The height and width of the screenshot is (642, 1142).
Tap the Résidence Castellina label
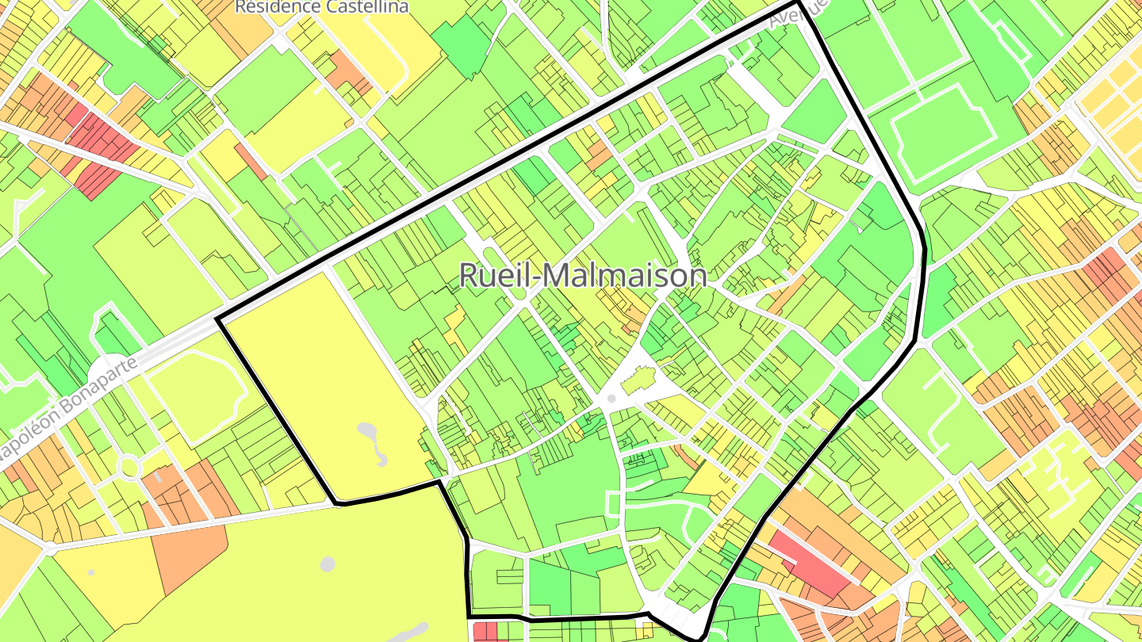[322, 7]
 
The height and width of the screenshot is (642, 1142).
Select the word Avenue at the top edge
[799, 14]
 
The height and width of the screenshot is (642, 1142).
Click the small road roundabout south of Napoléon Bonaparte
[129, 468]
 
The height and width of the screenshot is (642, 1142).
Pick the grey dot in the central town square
[611, 399]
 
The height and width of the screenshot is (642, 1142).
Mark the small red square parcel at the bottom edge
[485, 632]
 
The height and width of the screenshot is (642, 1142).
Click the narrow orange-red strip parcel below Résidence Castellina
[251, 161]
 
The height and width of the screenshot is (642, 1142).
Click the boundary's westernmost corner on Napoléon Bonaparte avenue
[218, 320]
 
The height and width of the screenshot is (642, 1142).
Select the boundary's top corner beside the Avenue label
[796, 4]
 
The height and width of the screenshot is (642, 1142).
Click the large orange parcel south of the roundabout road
[190, 555]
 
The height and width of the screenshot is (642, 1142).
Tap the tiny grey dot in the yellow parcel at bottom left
[91, 572]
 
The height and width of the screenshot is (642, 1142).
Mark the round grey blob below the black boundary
[328, 564]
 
